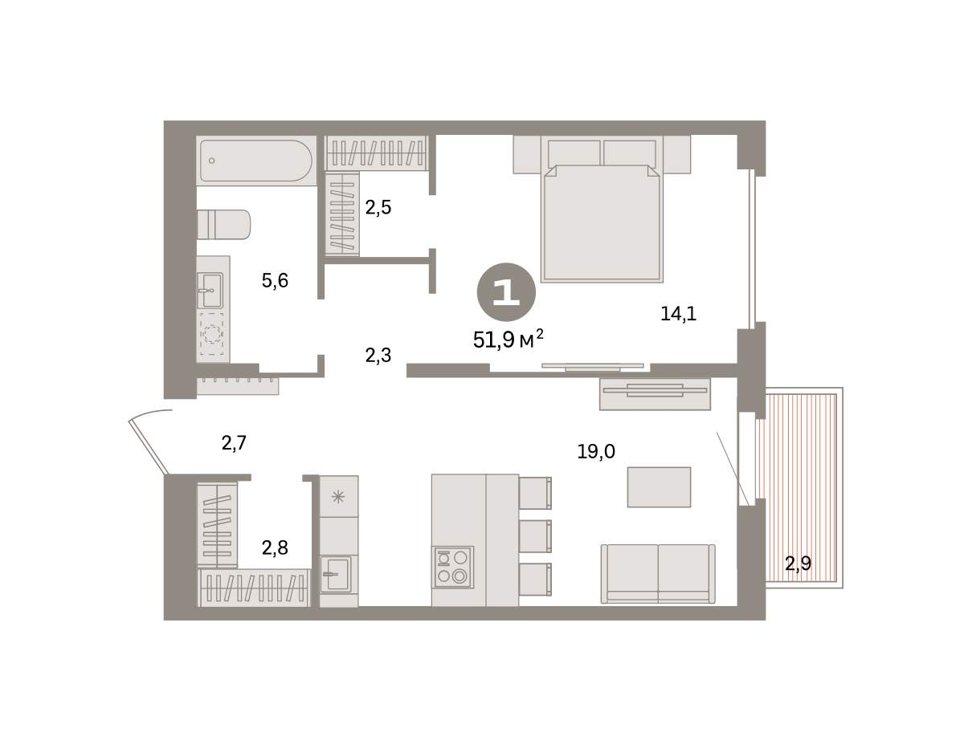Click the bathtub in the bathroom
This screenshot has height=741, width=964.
[256, 161]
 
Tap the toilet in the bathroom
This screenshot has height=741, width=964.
[223, 225]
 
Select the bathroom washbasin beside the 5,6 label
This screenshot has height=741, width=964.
[210, 291]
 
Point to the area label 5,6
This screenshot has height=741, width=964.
[275, 280]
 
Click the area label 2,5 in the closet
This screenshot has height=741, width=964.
[378, 207]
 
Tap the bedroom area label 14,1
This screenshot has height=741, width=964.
[678, 314]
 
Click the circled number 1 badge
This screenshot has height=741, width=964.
[506, 292]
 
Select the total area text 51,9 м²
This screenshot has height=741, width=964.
[508, 340]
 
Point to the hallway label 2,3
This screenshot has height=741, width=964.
[378, 356]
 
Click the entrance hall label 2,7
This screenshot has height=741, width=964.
[234, 442]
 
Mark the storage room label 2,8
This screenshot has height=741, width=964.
[275, 548]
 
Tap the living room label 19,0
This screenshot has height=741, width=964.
[596, 452]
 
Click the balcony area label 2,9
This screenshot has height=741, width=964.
[798, 564]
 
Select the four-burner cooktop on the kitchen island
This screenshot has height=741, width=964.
[453, 567]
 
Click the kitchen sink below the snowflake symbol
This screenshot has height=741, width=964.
[336, 574]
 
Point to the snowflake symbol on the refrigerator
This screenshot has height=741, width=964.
[338, 497]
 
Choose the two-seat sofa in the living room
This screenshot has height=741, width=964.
[658, 573]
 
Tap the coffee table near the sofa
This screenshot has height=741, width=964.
[659, 487]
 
